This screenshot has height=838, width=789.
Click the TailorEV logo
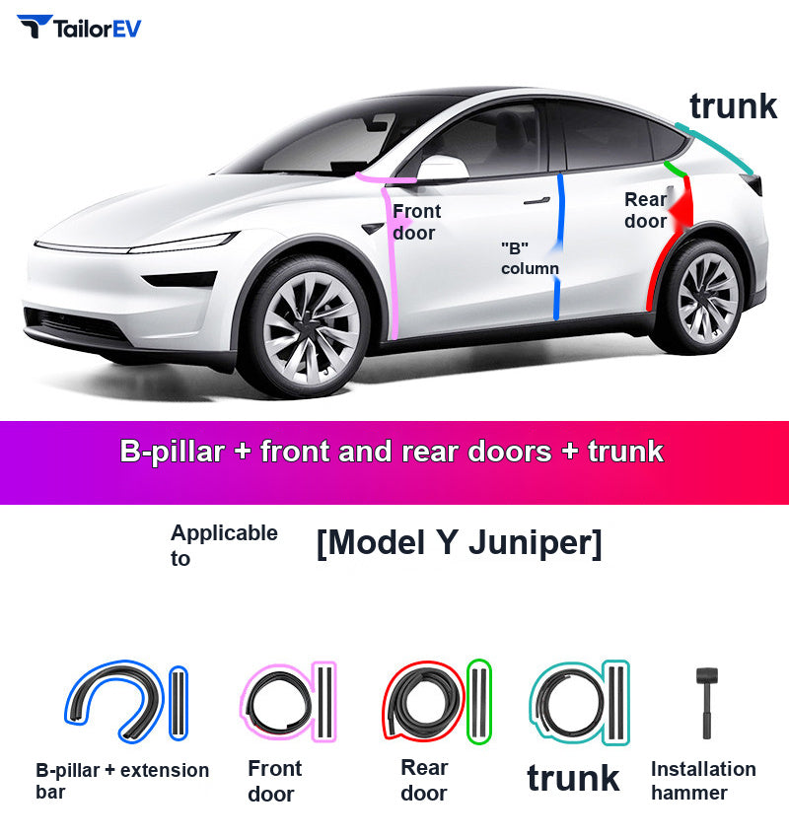79,27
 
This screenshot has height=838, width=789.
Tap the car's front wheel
309,326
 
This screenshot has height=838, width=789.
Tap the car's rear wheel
703,297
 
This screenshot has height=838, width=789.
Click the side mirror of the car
443,169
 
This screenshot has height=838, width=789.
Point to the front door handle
538,201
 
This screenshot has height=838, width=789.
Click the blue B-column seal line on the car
558,246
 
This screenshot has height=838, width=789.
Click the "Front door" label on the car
416,222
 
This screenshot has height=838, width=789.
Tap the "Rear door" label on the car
645,210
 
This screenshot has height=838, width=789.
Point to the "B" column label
530,258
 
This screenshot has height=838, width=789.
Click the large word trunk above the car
733,106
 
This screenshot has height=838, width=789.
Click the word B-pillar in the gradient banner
172,452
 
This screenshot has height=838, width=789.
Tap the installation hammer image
707,702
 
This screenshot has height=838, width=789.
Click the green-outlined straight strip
479,701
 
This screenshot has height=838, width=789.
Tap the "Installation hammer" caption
703,780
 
